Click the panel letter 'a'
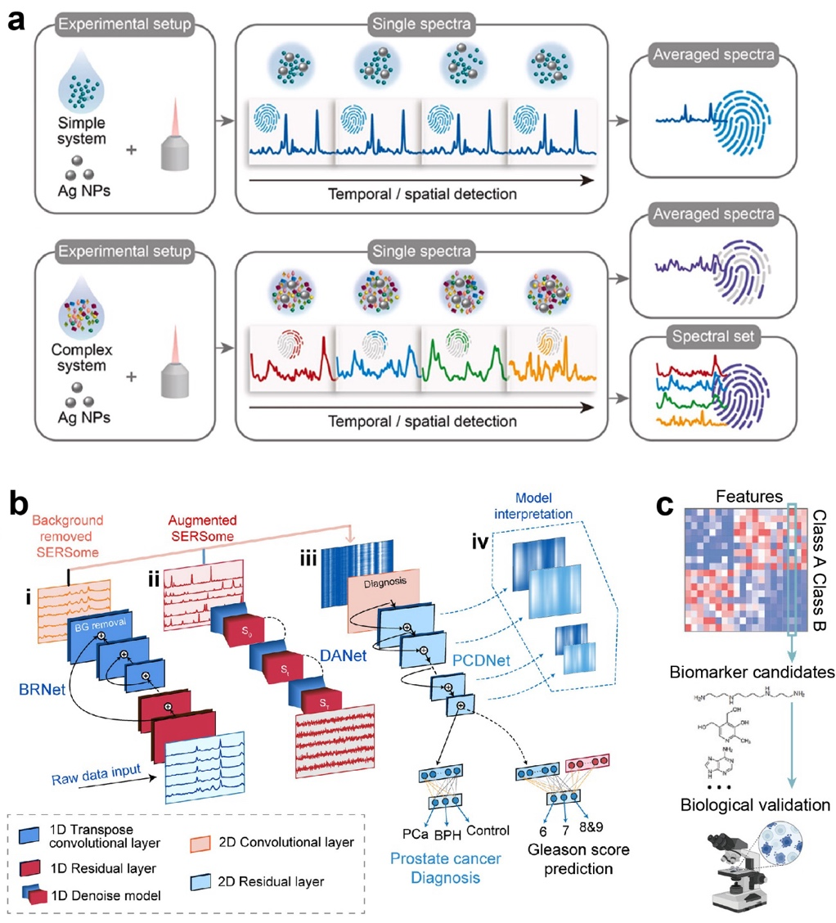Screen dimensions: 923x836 click(x=17, y=18)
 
